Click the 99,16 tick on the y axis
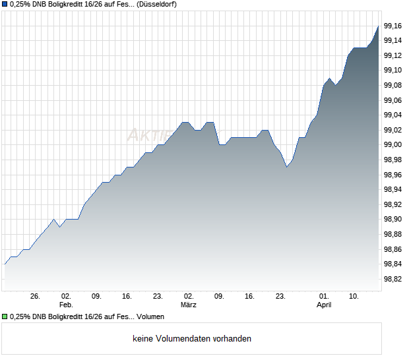point(394,26)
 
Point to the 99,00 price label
point(394,144)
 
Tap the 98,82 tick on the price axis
point(394,279)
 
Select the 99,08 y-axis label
point(394,85)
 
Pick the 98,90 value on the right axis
point(394,219)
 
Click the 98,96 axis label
point(394,175)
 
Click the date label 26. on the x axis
point(36,297)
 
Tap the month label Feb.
point(65,305)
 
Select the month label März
point(189,305)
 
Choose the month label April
point(324,305)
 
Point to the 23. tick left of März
point(158,297)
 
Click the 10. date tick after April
point(354,297)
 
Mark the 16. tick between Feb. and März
point(127,297)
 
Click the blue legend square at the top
point(5,4)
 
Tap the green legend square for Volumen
point(5,317)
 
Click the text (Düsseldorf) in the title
point(157,4)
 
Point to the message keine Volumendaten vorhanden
point(192,339)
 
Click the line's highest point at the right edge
point(378,26)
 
